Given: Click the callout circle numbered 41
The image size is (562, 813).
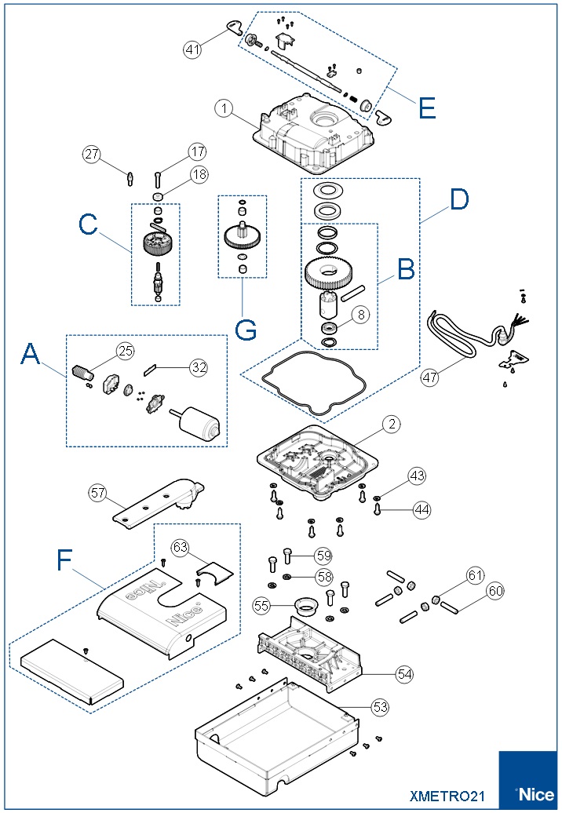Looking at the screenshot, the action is [192, 49].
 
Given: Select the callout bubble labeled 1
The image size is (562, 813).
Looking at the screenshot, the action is [224, 108].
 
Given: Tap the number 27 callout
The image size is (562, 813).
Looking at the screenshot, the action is [92, 154].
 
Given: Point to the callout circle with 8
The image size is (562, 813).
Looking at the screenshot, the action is [361, 314].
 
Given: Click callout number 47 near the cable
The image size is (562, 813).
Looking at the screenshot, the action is [429, 377].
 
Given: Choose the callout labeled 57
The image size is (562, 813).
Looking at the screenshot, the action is [97, 493].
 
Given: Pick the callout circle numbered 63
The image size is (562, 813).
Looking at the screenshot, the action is [180, 548].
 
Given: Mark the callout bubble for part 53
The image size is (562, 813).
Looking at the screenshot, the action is [380, 707].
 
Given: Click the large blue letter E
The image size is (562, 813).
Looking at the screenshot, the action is [427, 108].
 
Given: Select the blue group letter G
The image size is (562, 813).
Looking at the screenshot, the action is [246, 330].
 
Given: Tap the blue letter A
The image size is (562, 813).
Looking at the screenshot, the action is [30, 354].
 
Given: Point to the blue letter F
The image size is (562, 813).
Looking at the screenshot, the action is [64, 560].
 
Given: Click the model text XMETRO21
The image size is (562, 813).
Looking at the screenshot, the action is [447, 796].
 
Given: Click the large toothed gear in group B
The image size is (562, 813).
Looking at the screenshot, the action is [328, 273].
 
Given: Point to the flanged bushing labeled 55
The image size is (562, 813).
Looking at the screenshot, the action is [306, 605].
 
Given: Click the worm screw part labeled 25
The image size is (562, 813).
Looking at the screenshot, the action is [83, 373].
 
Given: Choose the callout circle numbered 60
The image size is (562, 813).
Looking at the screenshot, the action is [495, 591].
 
